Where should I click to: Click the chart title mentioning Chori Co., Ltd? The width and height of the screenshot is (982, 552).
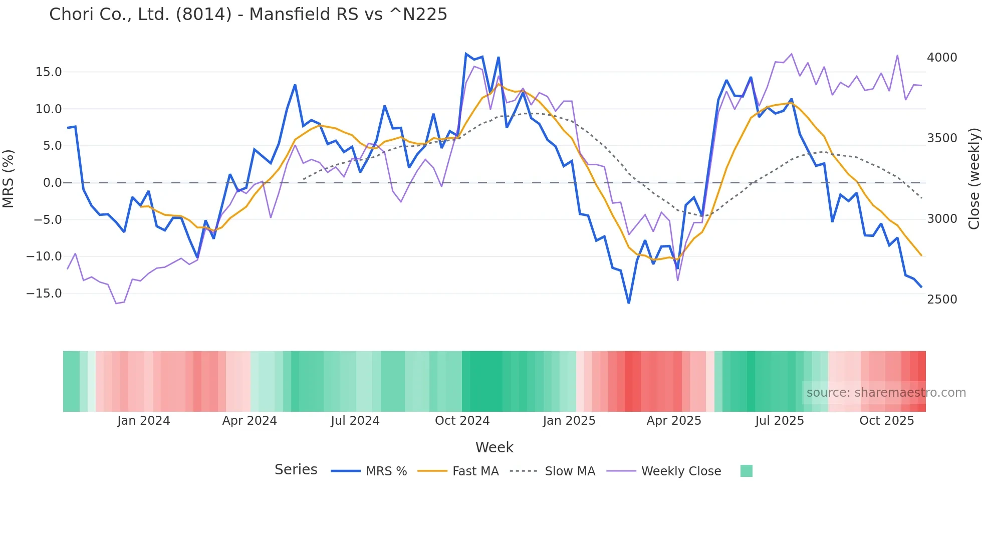click(x=248, y=15)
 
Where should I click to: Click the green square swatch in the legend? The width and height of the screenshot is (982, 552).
click(x=746, y=471)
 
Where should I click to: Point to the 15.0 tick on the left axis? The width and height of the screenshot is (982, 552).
click(x=49, y=72)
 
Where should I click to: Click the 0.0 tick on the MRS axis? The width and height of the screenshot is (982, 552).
click(x=52, y=183)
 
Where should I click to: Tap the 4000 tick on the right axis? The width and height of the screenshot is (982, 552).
click(x=942, y=58)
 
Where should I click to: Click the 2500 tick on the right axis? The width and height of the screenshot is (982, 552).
click(x=942, y=300)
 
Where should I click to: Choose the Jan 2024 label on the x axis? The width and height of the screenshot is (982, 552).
click(x=144, y=421)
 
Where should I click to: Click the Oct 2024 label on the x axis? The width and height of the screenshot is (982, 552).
click(x=462, y=421)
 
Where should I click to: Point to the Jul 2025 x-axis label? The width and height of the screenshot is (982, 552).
click(x=780, y=421)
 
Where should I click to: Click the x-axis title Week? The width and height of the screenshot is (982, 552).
click(x=494, y=447)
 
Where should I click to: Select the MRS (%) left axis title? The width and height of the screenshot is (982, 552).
click(x=9, y=178)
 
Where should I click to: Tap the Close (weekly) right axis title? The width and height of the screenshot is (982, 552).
click(x=973, y=178)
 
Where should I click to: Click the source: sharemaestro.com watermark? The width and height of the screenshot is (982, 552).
click(x=886, y=393)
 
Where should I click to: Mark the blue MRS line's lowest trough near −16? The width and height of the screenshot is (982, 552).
click(x=629, y=303)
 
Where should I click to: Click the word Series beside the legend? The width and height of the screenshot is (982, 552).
click(x=296, y=470)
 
